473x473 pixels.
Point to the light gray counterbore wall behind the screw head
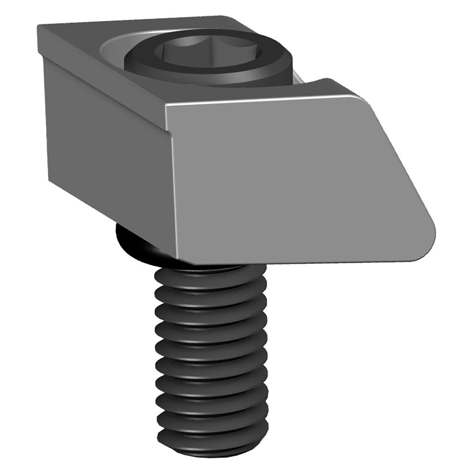(x=111, y=50)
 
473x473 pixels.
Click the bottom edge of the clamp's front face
(x=296, y=263)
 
